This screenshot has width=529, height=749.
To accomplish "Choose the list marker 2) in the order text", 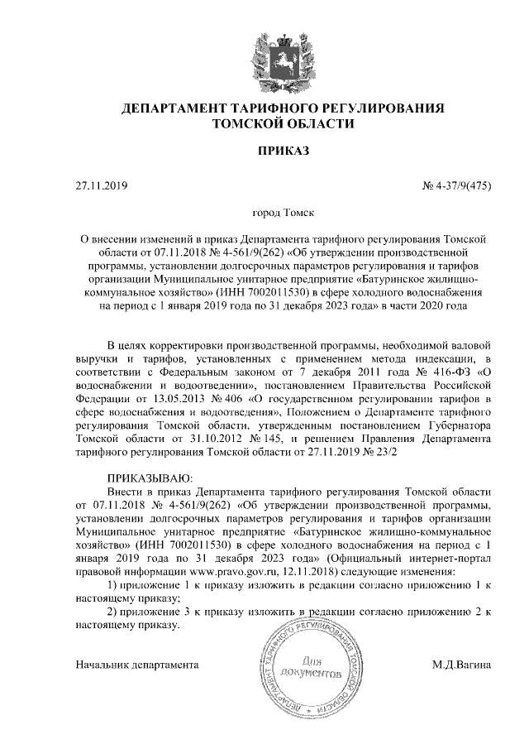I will (115, 611).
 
